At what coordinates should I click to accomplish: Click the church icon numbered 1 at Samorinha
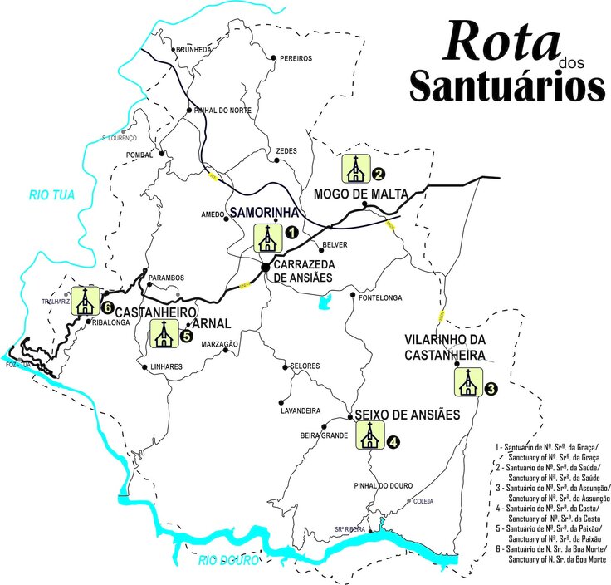266,238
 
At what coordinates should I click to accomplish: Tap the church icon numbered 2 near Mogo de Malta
355,168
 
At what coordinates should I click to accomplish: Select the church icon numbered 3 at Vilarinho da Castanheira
467,382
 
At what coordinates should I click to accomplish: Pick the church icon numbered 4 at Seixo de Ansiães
369,435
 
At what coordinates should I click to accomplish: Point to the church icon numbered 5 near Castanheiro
163,334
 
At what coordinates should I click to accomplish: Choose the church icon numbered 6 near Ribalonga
84,301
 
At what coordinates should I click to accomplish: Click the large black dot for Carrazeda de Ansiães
265,268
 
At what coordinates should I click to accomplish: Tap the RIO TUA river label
51,196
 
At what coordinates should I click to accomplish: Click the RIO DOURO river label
228,562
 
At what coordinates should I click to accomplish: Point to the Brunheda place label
193,50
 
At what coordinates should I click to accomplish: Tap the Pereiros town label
296,58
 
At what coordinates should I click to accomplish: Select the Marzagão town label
218,344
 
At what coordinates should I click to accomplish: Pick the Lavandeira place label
301,410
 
